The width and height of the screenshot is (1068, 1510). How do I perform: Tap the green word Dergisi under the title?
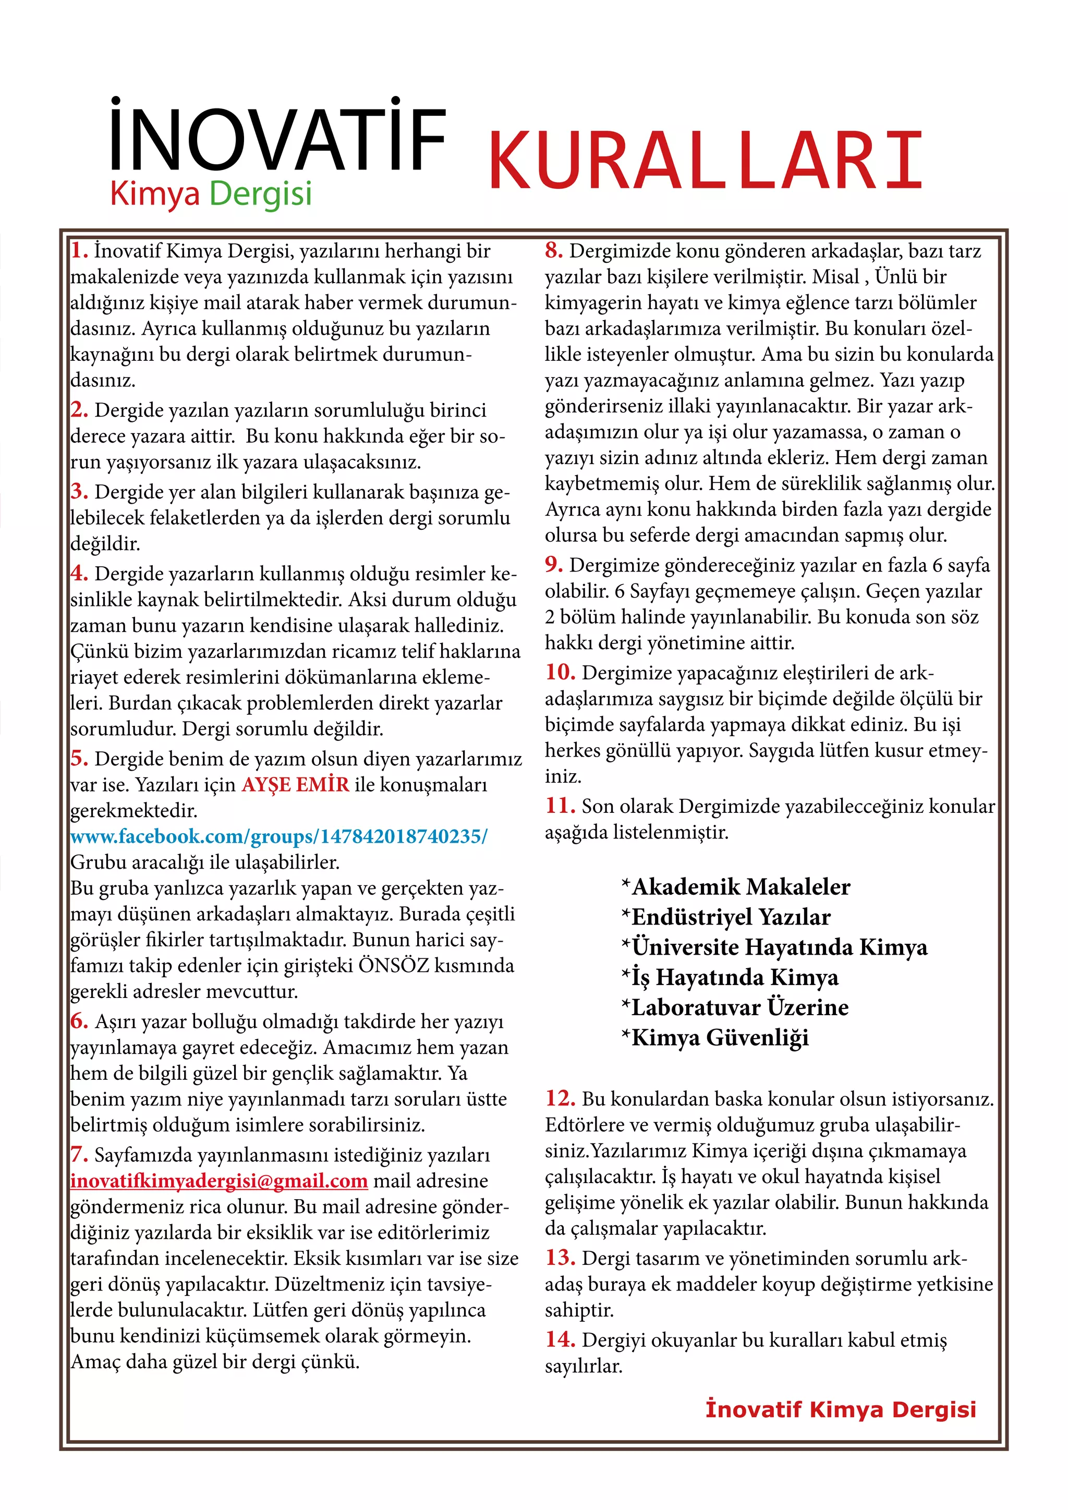260,194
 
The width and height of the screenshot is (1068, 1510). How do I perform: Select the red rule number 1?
79,251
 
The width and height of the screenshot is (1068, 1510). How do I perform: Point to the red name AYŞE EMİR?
295,785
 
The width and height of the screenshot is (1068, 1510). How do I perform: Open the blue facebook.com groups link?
279,836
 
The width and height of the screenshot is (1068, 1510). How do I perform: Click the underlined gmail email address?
219,1180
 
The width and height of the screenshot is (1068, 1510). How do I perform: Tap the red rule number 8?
554,251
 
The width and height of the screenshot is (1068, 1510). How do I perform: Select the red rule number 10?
560,672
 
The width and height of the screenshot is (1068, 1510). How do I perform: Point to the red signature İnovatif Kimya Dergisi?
841,1409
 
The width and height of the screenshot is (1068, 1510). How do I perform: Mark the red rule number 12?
560,1098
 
